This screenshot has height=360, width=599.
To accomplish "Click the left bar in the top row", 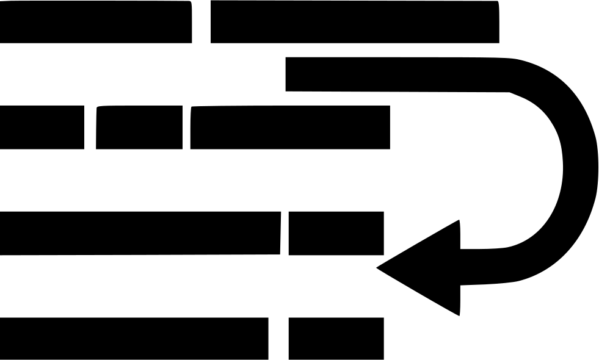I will [x=95, y=22].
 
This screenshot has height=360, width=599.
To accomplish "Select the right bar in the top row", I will [x=354, y=22].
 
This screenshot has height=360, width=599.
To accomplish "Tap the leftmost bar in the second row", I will [x=42, y=127].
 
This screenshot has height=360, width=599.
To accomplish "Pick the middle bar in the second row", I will [x=139, y=127].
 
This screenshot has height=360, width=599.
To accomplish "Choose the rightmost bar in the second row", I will [x=290, y=127].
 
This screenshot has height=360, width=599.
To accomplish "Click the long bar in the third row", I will [x=140, y=233].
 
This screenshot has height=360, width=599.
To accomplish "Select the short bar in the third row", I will [x=336, y=233].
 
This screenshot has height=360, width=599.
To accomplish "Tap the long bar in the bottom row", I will [x=134, y=338].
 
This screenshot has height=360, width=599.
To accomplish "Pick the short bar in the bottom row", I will [x=336, y=338].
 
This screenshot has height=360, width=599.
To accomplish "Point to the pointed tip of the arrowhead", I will [x=379, y=267].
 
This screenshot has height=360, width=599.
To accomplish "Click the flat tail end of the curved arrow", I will [x=288, y=74].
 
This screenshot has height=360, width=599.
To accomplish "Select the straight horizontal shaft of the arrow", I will [x=397, y=74].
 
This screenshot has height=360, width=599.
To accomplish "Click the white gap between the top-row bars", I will [x=201, y=22].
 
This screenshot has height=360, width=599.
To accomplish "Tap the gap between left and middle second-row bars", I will [x=90, y=127].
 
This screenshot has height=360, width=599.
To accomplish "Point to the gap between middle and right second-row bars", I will [x=186, y=127].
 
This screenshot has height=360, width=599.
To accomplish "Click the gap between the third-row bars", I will [x=285, y=233].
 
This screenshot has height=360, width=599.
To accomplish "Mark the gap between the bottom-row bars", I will [x=278, y=338].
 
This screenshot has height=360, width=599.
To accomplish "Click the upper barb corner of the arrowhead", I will [x=458, y=221].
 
